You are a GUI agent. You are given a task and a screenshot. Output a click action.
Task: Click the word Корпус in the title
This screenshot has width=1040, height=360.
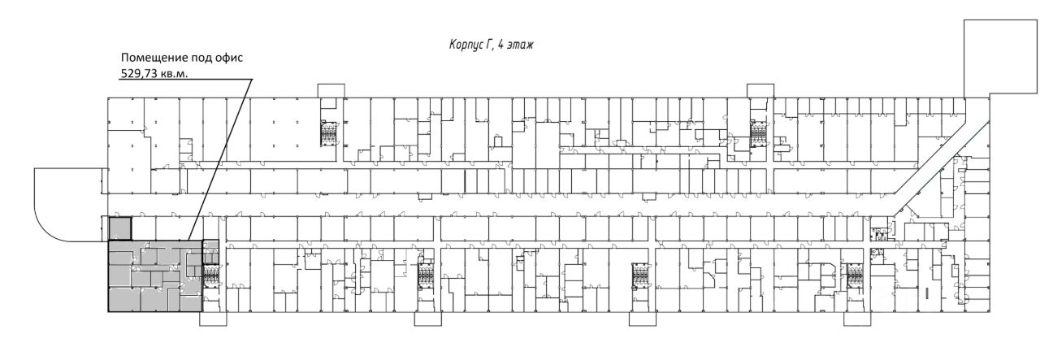pyautogui.click(x=466, y=46)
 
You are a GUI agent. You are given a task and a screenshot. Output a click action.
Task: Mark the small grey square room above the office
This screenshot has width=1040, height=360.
pyautogui.click(x=120, y=229)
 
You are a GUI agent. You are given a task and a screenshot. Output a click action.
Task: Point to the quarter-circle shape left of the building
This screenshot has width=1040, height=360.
pyautogui.click(x=65, y=203)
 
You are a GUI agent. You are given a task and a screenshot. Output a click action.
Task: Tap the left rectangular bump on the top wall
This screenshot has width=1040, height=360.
pyautogui.click(x=330, y=90)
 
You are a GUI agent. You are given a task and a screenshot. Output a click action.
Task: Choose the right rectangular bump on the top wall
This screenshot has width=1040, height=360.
pyautogui.click(x=760, y=90)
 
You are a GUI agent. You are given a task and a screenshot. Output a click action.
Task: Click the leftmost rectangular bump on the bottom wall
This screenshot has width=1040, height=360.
pyautogui.click(x=213, y=319)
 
